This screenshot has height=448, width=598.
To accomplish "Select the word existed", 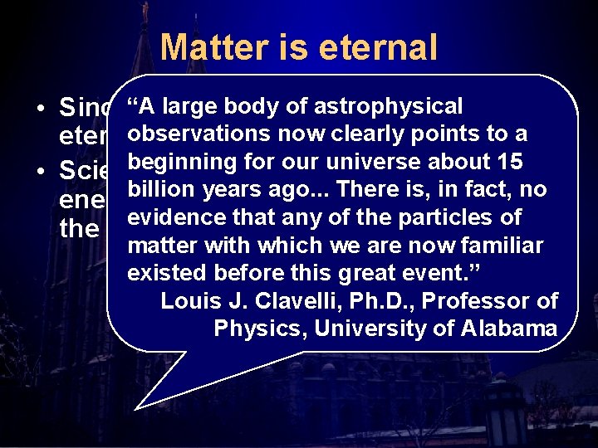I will [x=167, y=273].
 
